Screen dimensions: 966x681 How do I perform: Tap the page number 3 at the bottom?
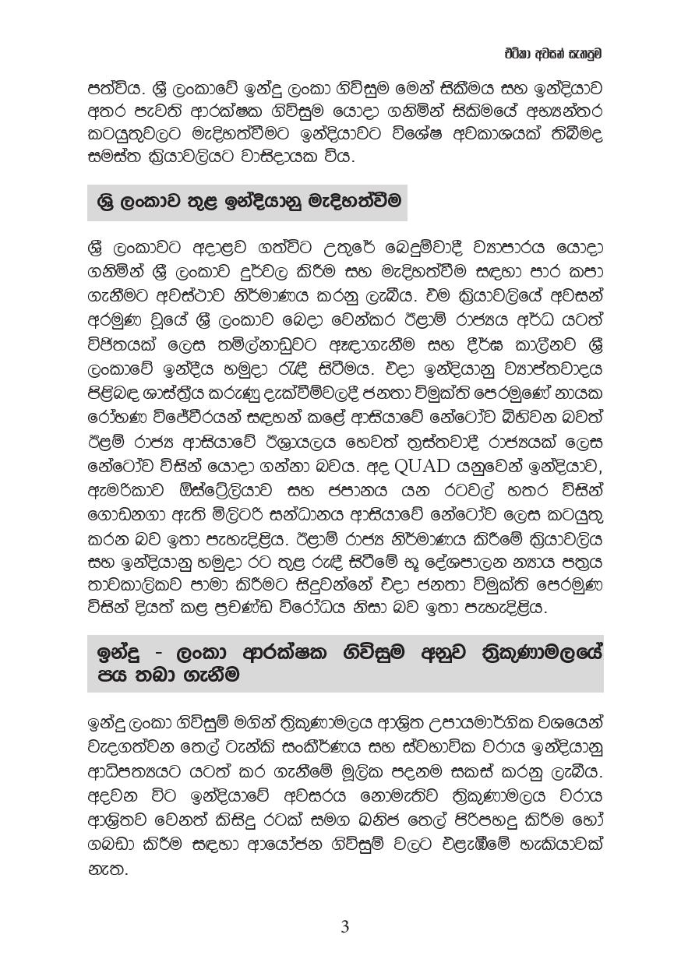click(x=344, y=927)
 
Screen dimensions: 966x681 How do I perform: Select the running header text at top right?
click(x=552, y=54)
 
